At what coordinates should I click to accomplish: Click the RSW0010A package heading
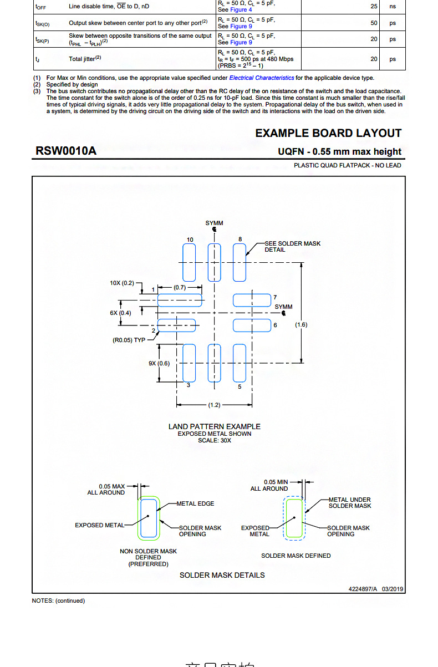pyautogui.click(x=66, y=151)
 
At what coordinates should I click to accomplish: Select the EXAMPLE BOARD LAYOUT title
pyautogui.click(x=328, y=133)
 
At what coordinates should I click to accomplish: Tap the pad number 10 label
pyautogui.click(x=190, y=240)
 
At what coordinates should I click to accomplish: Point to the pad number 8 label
pyautogui.click(x=240, y=240)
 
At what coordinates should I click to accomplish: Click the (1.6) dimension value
pyautogui.click(x=301, y=324)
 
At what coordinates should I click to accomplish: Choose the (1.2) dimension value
pyautogui.click(x=214, y=405)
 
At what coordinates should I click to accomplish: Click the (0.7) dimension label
pyautogui.click(x=180, y=288)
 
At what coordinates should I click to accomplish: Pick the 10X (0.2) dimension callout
pyautogui.click(x=122, y=283)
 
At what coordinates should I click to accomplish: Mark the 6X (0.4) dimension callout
pyautogui.click(x=120, y=313)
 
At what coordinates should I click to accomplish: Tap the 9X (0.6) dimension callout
pyautogui.click(x=159, y=363)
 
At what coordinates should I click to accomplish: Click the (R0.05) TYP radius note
pyautogui.click(x=129, y=340)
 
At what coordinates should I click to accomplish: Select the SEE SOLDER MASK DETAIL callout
pyautogui.click(x=292, y=247)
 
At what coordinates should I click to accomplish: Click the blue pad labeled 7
pyautogui.click(x=251, y=300)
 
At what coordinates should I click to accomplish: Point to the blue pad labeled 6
pyautogui.click(x=251, y=325)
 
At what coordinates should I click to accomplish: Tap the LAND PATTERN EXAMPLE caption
pyautogui.click(x=215, y=426)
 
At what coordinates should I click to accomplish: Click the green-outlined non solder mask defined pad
pyautogui.click(x=149, y=518)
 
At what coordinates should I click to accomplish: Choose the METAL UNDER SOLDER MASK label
pyautogui.click(x=350, y=502)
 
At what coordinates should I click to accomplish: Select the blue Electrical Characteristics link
pyautogui.click(x=262, y=78)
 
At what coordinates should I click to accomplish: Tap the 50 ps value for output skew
pyautogui.click(x=374, y=23)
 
